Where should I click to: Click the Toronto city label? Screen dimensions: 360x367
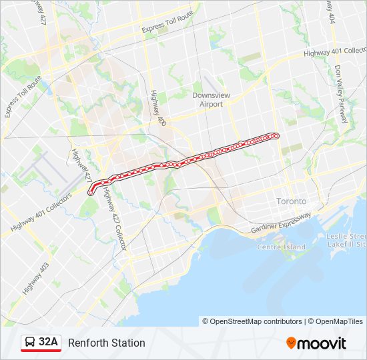coord(291,201)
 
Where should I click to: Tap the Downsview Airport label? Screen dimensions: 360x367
coord(211,99)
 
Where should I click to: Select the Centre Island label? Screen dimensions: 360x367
coord(281,247)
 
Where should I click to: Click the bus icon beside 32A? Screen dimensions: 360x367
coord(29,343)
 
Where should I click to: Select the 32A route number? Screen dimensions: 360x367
coord(49,343)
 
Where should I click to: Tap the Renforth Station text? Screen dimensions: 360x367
coord(106,343)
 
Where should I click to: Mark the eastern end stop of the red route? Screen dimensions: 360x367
coord(276,136)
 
